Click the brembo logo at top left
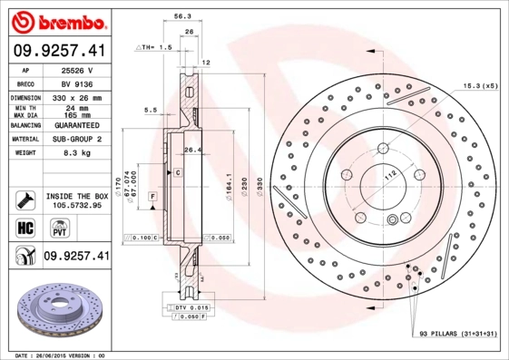59,20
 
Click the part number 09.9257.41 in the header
59,52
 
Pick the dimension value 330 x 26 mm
76,96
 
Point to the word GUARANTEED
76,126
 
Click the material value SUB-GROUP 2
76,140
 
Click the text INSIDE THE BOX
76,196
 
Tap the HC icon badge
24,228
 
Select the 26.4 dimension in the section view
191,150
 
